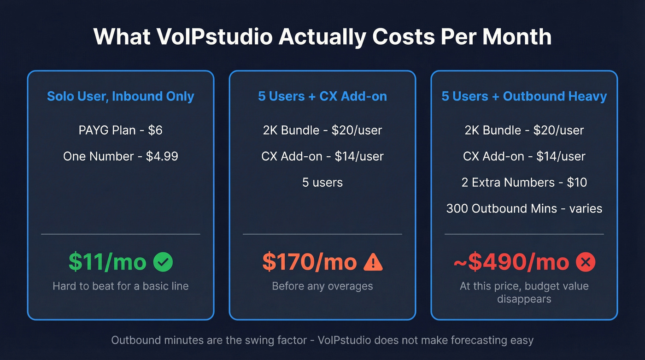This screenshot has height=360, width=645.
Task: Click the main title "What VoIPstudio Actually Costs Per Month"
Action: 322,37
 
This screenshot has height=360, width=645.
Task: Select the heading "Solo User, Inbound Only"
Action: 121,96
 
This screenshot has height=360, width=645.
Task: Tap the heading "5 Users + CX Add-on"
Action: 322,96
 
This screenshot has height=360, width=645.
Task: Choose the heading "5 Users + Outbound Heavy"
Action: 524,96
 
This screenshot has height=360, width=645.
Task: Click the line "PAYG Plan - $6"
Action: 121,130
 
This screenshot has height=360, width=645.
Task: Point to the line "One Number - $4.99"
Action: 121,156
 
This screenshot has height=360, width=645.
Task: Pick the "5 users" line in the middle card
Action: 322,183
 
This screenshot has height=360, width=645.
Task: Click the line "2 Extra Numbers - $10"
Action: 524,183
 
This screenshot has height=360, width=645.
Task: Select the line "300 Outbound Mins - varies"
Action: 524,209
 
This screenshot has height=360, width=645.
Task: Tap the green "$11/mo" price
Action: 107,262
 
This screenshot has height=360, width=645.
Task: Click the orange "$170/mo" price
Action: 310,262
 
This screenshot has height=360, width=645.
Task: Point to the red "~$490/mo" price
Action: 511,262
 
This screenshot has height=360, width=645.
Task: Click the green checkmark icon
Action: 163,262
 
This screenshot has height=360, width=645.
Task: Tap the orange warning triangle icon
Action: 373,262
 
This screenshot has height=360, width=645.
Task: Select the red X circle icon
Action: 586,262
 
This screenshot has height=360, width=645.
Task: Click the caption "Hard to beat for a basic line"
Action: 121,286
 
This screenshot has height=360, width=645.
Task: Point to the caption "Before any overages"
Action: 322,286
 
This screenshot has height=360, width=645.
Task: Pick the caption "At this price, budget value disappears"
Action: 524,292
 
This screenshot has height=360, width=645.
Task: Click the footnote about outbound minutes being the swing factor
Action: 322,341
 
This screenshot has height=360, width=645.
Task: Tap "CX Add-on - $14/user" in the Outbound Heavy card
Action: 524,156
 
